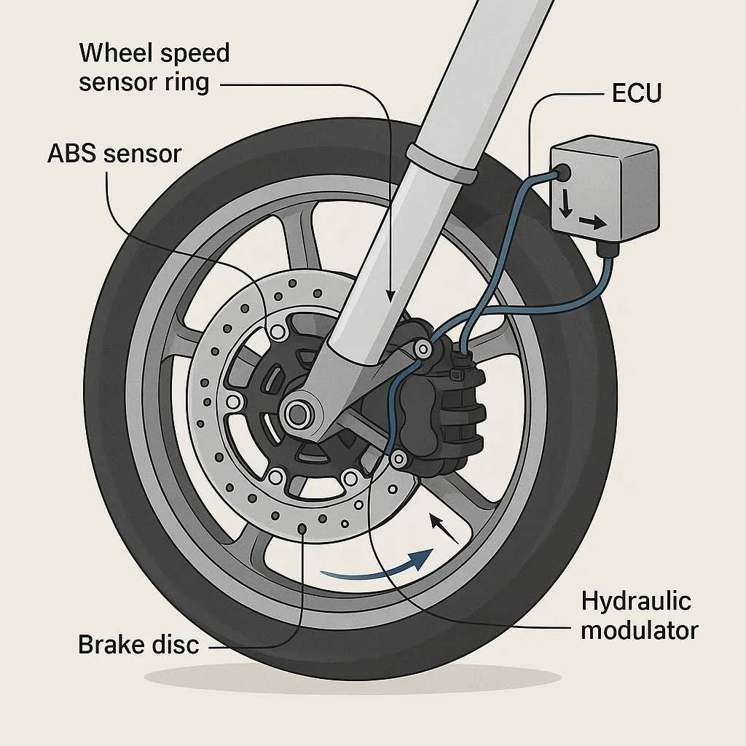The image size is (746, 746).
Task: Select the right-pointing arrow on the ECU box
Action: pos(592,224)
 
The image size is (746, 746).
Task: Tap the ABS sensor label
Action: pos(114,153)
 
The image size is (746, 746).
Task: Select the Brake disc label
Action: pos(138,644)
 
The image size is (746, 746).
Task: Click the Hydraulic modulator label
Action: pos(639,616)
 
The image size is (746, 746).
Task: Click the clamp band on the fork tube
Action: pos(442,164)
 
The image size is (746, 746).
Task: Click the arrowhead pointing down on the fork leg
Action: pos(390,295)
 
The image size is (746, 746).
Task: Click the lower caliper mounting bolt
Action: pos(398,459)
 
